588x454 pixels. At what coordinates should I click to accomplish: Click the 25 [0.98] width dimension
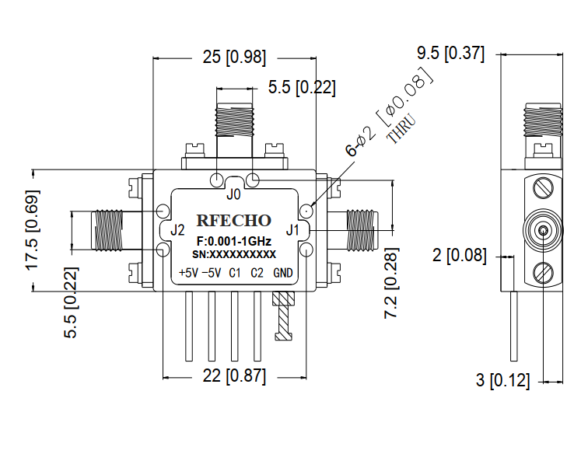point(233,58)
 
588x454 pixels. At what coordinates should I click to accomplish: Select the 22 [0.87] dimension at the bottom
point(233,377)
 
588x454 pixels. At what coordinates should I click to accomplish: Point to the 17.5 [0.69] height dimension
point(33,231)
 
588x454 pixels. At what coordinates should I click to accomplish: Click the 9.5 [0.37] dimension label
point(450,54)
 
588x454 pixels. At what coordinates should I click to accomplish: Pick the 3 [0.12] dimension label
point(502,381)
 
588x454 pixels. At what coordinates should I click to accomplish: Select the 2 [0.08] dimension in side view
point(460,254)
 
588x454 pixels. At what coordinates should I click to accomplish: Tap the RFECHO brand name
point(233,220)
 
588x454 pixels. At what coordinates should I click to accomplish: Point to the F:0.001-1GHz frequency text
point(233,241)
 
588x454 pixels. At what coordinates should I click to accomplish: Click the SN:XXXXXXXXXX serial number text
point(233,254)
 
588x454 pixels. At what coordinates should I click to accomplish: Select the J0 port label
point(233,194)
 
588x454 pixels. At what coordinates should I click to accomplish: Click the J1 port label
point(292,229)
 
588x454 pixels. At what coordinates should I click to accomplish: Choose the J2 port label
point(177,230)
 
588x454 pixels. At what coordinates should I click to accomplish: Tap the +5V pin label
point(188,273)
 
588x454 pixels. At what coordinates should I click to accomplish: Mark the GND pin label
point(283,273)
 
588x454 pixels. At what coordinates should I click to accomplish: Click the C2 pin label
point(257,273)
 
